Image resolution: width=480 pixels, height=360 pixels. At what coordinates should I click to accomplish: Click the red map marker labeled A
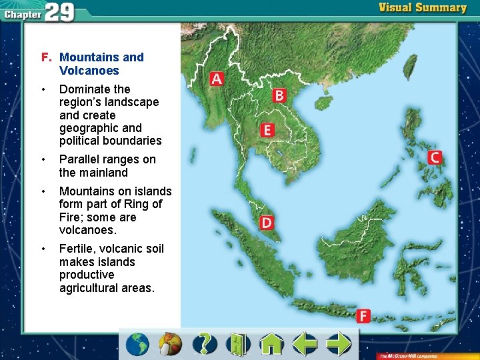pyautogui.click(x=216, y=79)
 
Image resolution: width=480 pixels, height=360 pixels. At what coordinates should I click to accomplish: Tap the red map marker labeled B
pyautogui.click(x=279, y=96)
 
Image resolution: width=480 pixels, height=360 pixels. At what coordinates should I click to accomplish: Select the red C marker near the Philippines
pyautogui.click(x=434, y=157)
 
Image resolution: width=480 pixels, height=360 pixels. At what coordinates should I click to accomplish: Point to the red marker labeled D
pyautogui.click(x=266, y=222)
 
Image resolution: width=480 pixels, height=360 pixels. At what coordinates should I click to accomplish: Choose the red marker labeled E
pyautogui.click(x=267, y=130)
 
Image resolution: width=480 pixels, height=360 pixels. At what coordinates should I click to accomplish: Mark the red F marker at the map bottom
pyautogui.click(x=363, y=316)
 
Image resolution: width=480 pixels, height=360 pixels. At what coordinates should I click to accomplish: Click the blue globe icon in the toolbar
pyautogui.click(x=138, y=344)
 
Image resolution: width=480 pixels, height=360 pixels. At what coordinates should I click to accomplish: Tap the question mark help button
pyautogui.click(x=205, y=344)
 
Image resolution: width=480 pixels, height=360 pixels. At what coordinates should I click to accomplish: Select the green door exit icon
pyautogui.click(x=237, y=344)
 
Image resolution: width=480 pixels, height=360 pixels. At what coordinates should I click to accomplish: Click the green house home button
pyautogui.click(x=271, y=344)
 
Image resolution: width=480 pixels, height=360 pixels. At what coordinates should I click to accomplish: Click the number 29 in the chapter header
pyautogui.click(x=60, y=12)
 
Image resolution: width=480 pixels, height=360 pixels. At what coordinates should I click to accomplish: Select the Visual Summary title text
pyautogui.click(x=423, y=8)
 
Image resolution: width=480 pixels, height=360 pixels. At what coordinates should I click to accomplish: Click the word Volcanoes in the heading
pyautogui.click(x=89, y=71)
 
